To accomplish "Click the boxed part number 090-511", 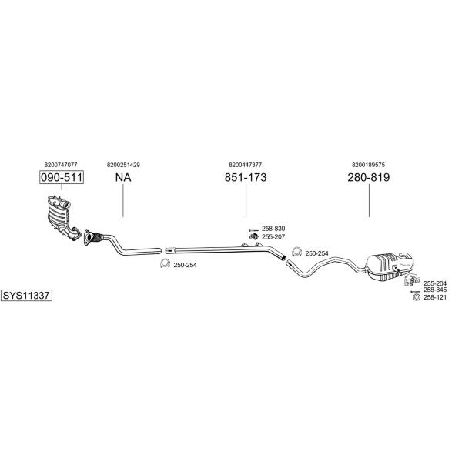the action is pyautogui.click(x=62, y=177).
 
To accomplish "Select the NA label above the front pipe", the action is pyautogui.click(x=123, y=177).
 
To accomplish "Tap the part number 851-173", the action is pyautogui.click(x=246, y=177).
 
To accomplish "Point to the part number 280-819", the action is pyautogui.click(x=369, y=177).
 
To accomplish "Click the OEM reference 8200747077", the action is pyautogui.click(x=61, y=165).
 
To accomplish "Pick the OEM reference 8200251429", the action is pyautogui.click(x=123, y=165).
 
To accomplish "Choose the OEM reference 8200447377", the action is pyautogui.click(x=245, y=165).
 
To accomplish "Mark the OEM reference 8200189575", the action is pyautogui.click(x=368, y=165).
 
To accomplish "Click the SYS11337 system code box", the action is pyautogui.click(x=26, y=295).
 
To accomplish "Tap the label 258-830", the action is pyautogui.click(x=273, y=229).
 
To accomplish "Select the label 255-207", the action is pyautogui.click(x=273, y=236).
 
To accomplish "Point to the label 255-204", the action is pyautogui.click(x=435, y=283).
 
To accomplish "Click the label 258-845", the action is pyautogui.click(x=435, y=290).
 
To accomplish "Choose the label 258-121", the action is pyautogui.click(x=435, y=297).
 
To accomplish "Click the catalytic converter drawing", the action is pyautogui.click(x=63, y=217).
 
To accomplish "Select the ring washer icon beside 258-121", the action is pyautogui.click(x=417, y=297).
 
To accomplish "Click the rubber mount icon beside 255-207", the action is pyautogui.click(x=254, y=236).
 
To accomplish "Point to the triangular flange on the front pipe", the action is pyautogui.click(x=87, y=237).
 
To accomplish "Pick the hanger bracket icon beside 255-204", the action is pyautogui.click(x=411, y=280).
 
